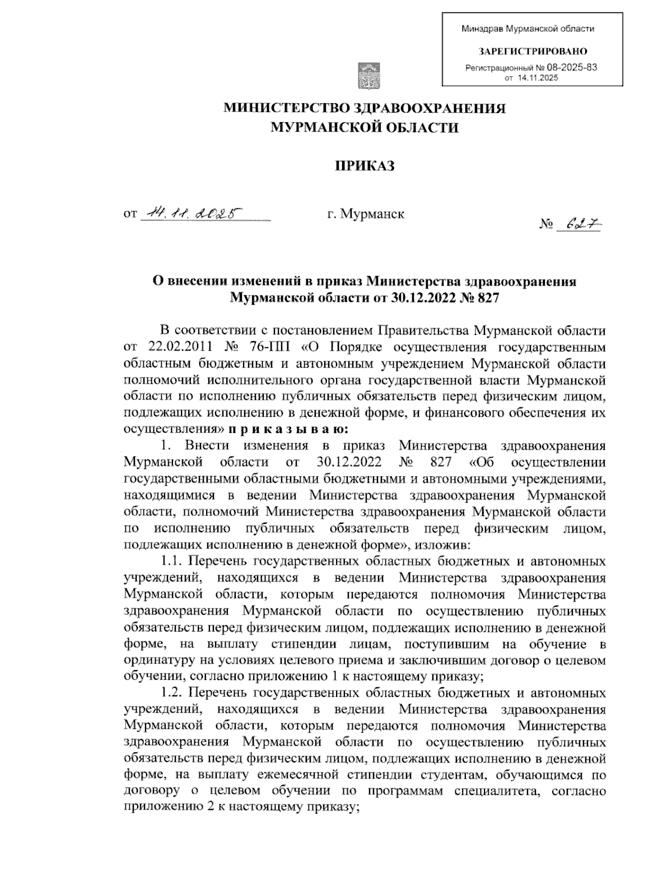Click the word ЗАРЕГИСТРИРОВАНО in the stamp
pyautogui.click(x=532, y=51)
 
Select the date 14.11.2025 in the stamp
pyautogui.click(x=538, y=78)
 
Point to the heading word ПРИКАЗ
pyautogui.click(x=365, y=165)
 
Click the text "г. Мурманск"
pyautogui.click(x=366, y=213)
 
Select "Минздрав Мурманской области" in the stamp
pyautogui.click(x=528, y=29)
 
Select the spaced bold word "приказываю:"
pyautogui.click(x=288, y=430)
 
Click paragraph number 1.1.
pyautogui.click(x=170, y=561)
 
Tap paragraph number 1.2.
pyautogui.click(x=170, y=692)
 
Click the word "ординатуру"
pyautogui.click(x=156, y=660)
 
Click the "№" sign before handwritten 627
pyautogui.click(x=547, y=225)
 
